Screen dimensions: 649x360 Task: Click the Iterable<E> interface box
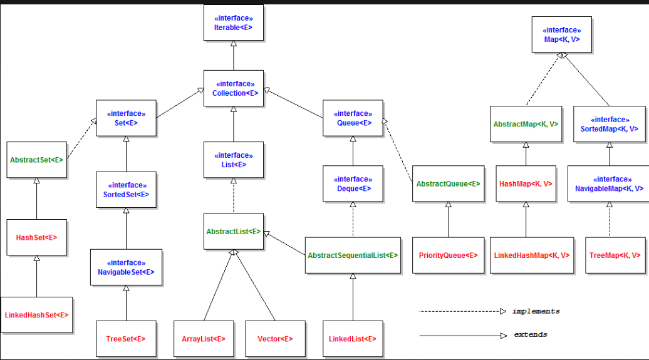click(x=234, y=23)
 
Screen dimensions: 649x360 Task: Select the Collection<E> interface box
click(x=234, y=88)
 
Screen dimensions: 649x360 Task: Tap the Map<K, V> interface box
click(x=562, y=34)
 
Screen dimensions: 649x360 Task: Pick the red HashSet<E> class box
click(x=36, y=237)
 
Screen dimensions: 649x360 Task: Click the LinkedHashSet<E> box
click(x=36, y=315)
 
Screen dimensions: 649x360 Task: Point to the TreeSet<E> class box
click(x=127, y=339)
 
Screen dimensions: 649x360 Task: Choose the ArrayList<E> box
click(x=204, y=339)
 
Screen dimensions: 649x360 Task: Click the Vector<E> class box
click(x=275, y=339)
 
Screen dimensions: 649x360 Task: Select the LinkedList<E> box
click(x=353, y=339)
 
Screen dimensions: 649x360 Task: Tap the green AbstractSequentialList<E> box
click(x=353, y=255)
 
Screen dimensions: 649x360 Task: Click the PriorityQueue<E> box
click(x=449, y=255)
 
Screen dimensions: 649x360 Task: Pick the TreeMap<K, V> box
click(x=615, y=255)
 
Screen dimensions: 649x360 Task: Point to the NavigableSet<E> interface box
click(x=127, y=267)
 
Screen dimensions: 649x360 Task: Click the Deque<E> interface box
click(x=353, y=183)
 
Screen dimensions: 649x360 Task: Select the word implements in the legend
click(x=536, y=311)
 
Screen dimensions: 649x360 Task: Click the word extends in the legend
click(x=531, y=334)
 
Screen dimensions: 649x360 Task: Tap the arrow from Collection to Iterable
click(x=234, y=56)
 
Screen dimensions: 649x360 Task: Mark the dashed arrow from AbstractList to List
click(x=234, y=196)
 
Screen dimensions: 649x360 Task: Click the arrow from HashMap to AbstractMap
click(x=526, y=154)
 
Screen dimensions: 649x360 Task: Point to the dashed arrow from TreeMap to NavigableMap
click(x=610, y=219)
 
